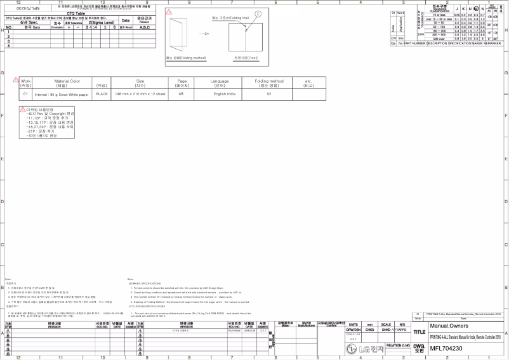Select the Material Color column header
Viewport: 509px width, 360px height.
[67, 83]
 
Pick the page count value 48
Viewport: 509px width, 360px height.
[182, 93]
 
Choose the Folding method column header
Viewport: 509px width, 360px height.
[269, 83]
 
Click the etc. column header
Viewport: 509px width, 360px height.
[308, 83]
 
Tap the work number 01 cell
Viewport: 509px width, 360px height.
[26, 93]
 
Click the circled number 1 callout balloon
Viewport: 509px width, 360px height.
[258, 13]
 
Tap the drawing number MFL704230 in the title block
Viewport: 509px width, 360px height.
[446, 349]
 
